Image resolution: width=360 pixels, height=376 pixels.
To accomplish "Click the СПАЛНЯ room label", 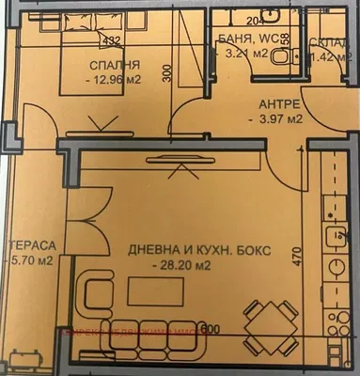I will coord(115,65).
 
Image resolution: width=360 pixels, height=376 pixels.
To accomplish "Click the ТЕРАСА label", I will coord(32,246).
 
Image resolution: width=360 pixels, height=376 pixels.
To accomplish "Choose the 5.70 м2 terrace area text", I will coord(31,261).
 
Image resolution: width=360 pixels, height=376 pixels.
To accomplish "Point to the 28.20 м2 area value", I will coord(181,266).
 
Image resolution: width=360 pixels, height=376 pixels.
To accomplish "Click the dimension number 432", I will coord(111,40).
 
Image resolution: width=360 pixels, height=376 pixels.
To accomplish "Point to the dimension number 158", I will coord(285,45).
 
